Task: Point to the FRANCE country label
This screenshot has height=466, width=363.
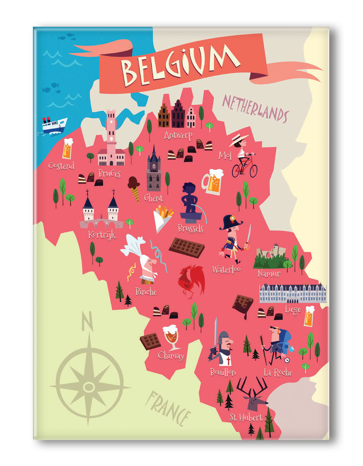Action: coord(170,406)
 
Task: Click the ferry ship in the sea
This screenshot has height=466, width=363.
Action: coord(55,125)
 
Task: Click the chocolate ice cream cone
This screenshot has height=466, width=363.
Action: coord(134,188)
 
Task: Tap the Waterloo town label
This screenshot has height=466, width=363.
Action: coord(226,269)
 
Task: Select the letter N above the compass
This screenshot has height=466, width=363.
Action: coord(87,322)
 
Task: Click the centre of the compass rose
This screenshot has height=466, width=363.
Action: coord(89,386)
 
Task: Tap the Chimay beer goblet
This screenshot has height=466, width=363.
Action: coord(171,337)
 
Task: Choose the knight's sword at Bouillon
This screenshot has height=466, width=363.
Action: coord(215,335)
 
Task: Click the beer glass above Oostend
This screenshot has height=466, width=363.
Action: coord(67,149)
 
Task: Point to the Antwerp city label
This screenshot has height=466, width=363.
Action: coord(178,135)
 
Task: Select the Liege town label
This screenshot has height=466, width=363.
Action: coord(292,309)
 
